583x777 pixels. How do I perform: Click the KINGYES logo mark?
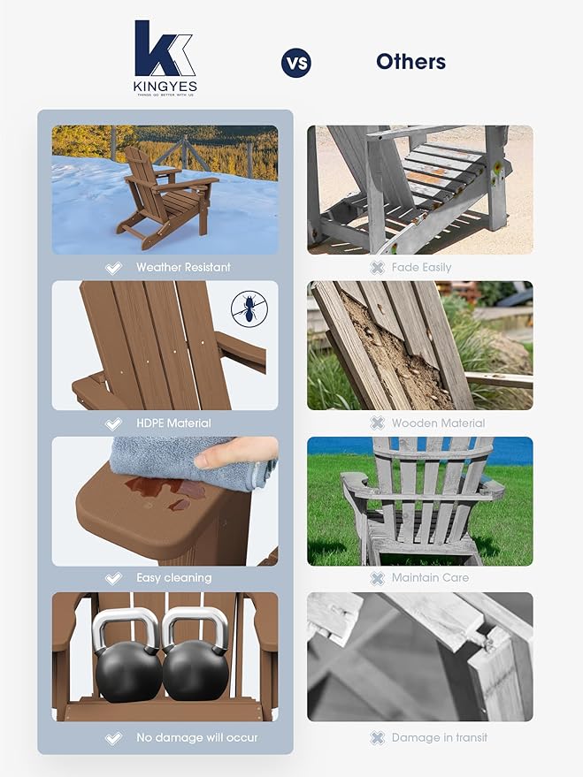tap(165, 50)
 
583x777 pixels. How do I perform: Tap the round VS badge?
tap(296, 62)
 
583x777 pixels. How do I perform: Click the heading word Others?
tap(410, 61)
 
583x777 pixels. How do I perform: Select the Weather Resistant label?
tap(182, 267)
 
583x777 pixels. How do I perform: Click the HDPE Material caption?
tap(173, 423)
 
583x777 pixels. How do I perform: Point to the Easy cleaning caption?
tap(173, 578)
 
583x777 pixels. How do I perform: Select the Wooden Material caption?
tap(438, 423)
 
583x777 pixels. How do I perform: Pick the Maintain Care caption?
tap(431, 578)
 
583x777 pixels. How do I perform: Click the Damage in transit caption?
tap(440, 737)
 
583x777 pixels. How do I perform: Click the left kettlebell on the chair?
tap(127, 659)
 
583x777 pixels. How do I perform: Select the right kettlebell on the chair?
tap(196, 659)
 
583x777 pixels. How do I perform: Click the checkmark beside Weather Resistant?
tap(113, 268)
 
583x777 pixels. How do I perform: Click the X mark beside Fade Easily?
tap(378, 268)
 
